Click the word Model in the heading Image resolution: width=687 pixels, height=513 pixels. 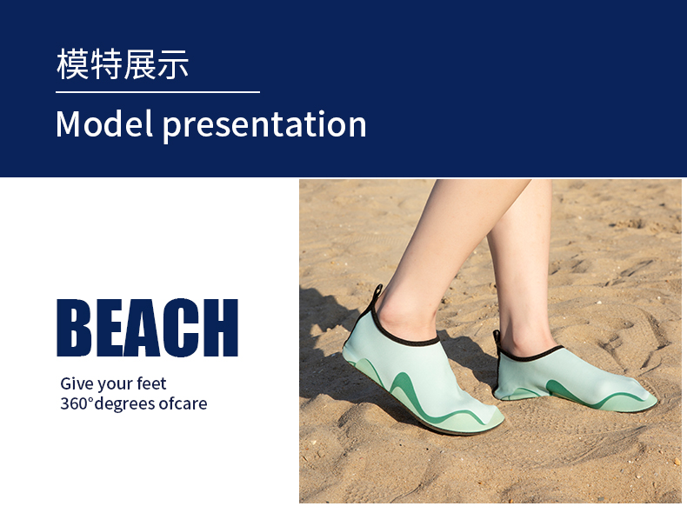tap(104, 124)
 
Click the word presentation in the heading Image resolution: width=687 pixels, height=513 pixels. tap(264, 126)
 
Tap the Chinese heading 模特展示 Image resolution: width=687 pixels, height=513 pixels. tap(123, 64)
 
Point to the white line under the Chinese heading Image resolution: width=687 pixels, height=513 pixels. tap(157, 92)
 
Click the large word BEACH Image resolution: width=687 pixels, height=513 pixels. tap(148, 328)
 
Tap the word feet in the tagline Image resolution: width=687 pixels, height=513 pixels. tap(151, 383)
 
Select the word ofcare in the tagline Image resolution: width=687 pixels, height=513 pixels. tap(183, 403)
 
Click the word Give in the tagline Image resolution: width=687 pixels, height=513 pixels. tap(76, 383)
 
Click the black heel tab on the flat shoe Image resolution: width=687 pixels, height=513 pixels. tap(497, 338)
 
